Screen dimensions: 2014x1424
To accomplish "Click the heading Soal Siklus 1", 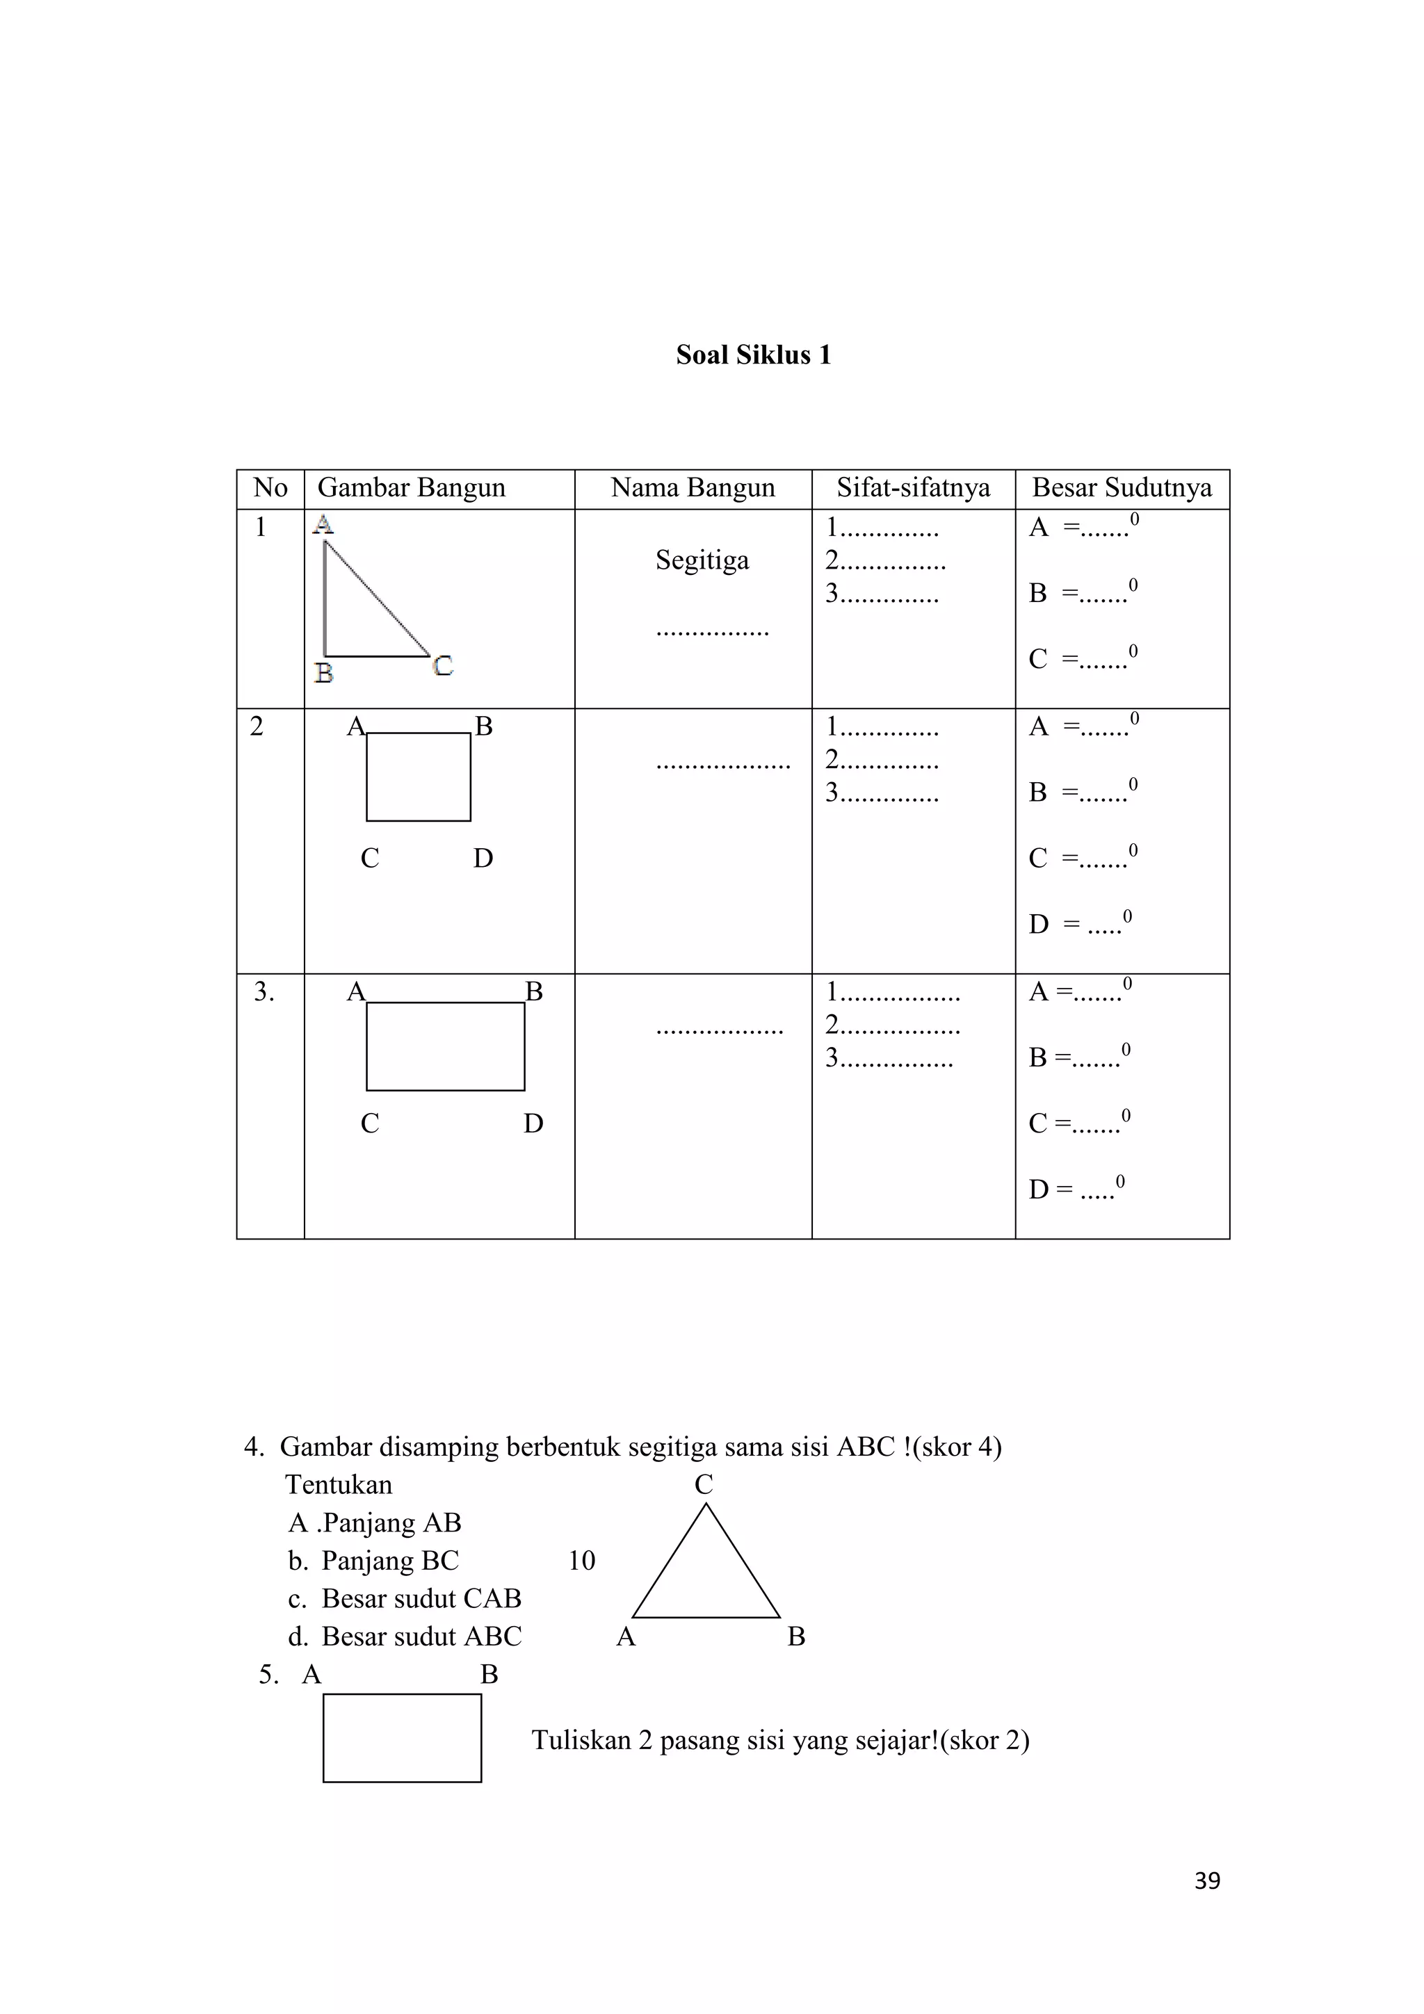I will [x=753, y=355].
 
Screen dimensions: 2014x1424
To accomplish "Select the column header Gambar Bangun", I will [x=411, y=488].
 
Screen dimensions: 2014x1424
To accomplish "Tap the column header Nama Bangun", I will [x=693, y=488].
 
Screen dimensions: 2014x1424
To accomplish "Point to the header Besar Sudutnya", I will [x=1122, y=488].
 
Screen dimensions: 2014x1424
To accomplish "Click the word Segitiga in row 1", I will [x=702, y=560].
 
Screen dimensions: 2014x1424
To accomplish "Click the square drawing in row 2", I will [x=419, y=777].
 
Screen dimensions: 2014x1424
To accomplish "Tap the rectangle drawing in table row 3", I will [x=445, y=1046].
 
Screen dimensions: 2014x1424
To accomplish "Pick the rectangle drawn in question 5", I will [x=402, y=1738].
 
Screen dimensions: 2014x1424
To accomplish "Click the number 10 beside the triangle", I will [x=582, y=1561].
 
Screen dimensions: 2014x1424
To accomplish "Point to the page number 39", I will [x=1207, y=1880].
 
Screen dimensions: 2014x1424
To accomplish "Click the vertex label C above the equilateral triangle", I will [x=704, y=1485].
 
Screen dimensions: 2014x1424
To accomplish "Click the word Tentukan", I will [x=339, y=1485].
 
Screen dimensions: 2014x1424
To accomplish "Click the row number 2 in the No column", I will [x=256, y=726].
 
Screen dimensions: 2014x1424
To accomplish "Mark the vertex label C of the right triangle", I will [x=443, y=666].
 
